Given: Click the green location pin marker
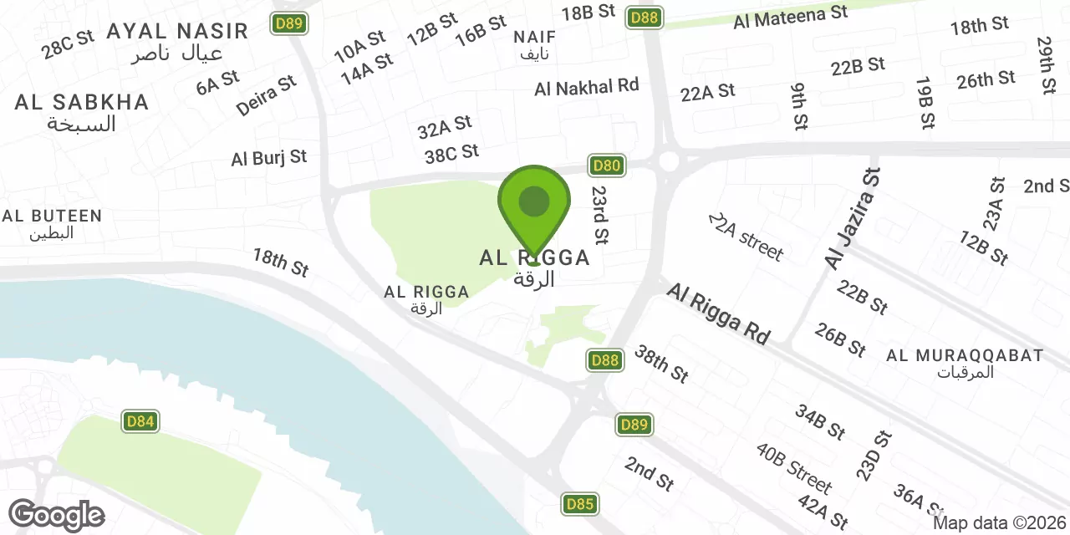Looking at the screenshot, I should pos(534,204).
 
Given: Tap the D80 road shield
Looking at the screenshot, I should pos(607,166).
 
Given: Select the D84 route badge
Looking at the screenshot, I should pos(140,421).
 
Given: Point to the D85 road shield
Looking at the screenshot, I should pos(580,504).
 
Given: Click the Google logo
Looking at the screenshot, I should pos(56,515).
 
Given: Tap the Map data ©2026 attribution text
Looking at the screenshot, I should pos(1001,523).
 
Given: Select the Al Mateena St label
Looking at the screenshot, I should pos(790,16).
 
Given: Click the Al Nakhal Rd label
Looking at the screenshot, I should pos(586,86).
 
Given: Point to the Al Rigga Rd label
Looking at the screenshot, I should pos(718,313).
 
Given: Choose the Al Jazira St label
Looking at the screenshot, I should pos(853,219).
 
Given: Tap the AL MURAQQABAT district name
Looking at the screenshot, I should pos(965,356).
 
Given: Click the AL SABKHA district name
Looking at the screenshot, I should pos(82,103).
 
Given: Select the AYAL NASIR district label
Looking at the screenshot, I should pos(177,32).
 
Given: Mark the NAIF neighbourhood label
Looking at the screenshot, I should pos(534,38).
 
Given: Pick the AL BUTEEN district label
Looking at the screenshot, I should pos(52,217).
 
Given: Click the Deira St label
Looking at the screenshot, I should pos(267,95).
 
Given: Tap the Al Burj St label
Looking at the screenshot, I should pos(269,157).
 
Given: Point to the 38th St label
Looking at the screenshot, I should pos(661,364).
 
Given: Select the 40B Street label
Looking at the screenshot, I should pos(794,468).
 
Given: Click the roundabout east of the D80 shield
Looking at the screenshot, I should pos(668,160).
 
